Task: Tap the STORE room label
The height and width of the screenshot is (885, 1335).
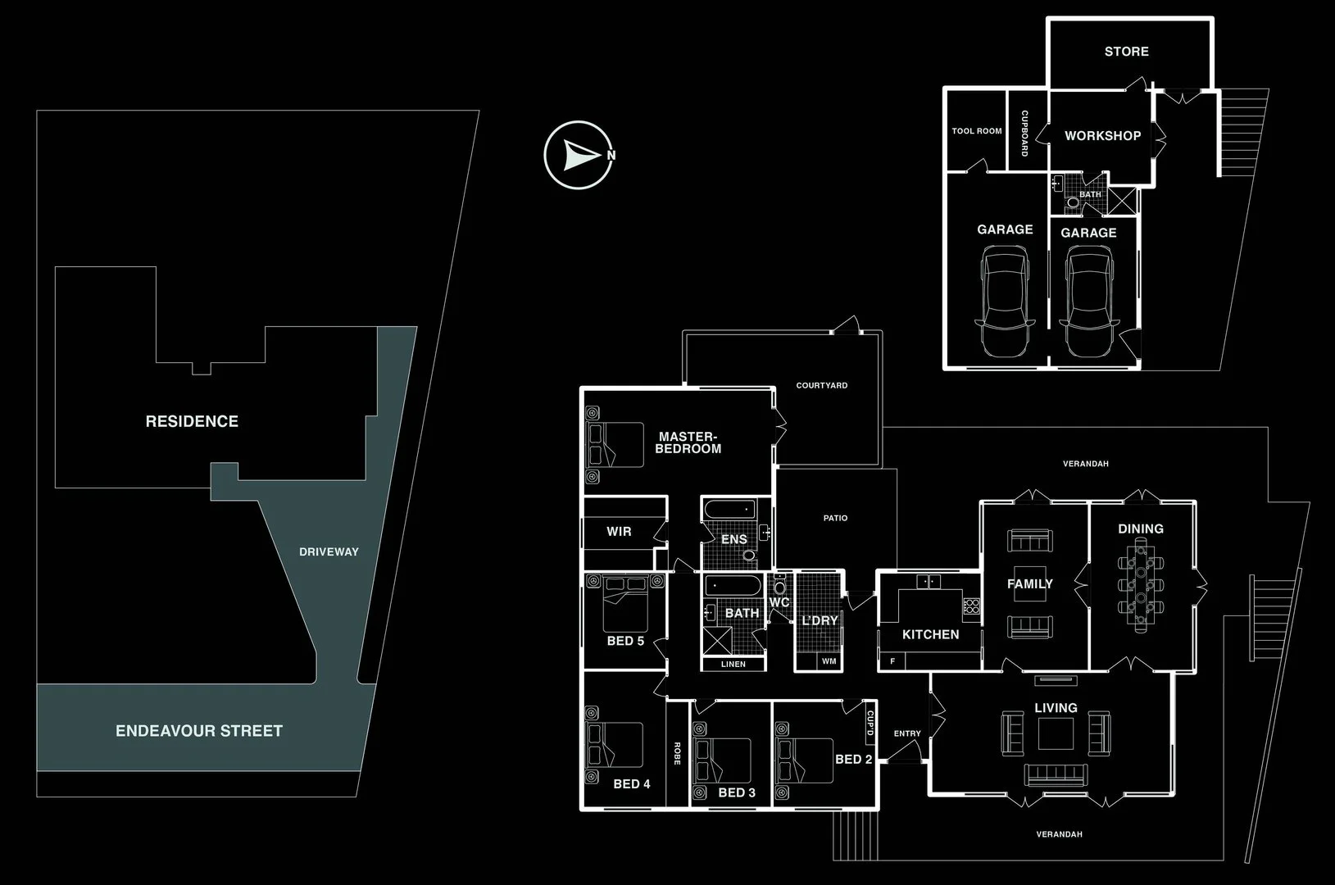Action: (x=1126, y=52)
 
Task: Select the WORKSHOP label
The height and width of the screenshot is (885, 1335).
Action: (x=1102, y=136)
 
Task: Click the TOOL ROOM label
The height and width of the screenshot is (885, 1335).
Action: (x=977, y=131)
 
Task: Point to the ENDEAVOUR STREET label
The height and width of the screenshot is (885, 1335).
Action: (x=199, y=731)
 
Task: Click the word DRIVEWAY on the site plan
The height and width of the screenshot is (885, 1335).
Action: (x=329, y=552)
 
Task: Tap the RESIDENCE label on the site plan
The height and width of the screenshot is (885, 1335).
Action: (x=192, y=421)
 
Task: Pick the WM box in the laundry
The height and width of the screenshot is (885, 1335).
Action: (x=829, y=661)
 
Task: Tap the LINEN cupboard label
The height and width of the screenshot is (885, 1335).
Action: (x=733, y=665)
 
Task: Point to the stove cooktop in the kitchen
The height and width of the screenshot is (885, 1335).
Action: (x=972, y=607)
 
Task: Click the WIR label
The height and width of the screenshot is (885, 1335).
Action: (x=619, y=532)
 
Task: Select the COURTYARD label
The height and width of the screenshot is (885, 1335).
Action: (x=822, y=385)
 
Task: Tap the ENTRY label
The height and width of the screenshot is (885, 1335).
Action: (x=907, y=733)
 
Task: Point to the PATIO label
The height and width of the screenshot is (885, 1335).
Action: (x=835, y=518)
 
